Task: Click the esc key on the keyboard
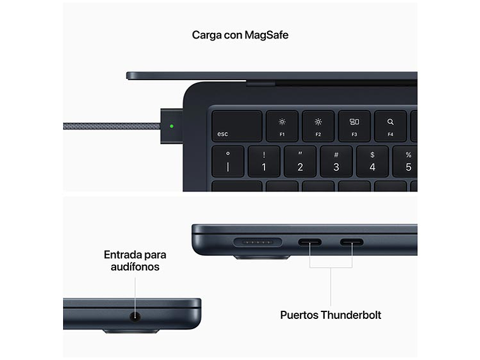click(x=237, y=126)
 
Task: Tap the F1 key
click(x=282, y=126)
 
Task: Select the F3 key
click(x=354, y=126)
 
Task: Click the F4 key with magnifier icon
click(x=390, y=126)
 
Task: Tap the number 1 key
click(x=264, y=162)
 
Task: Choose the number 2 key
click(x=300, y=162)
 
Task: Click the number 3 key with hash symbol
click(x=336, y=162)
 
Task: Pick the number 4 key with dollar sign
click(x=372, y=162)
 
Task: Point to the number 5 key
click(x=406, y=162)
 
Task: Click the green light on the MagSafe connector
click(x=172, y=125)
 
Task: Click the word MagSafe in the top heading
click(x=266, y=35)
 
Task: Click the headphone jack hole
click(x=135, y=316)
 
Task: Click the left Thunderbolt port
click(x=309, y=242)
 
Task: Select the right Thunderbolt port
click(x=352, y=242)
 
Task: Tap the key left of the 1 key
click(x=228, y=162)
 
